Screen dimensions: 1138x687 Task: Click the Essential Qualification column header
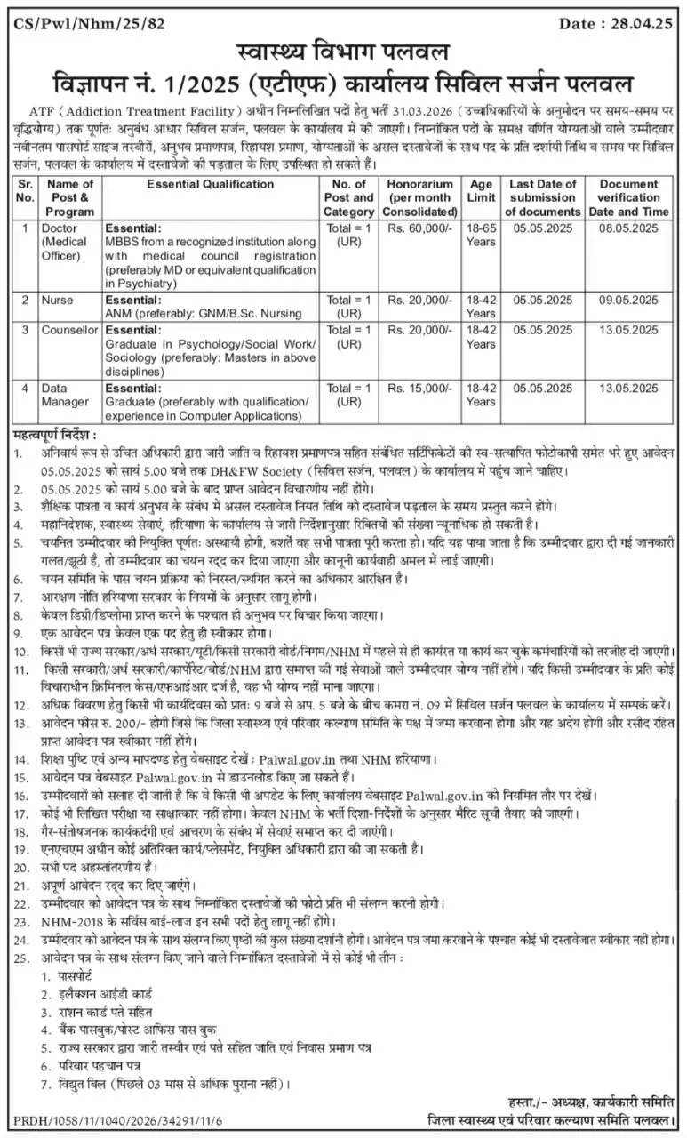210,184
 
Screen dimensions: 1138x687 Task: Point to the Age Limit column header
481,190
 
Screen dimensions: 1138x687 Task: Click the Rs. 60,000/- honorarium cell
416,228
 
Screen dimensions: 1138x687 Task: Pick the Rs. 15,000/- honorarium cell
416,389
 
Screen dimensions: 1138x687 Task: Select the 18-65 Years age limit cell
481,235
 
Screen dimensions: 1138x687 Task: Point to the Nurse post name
58,300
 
